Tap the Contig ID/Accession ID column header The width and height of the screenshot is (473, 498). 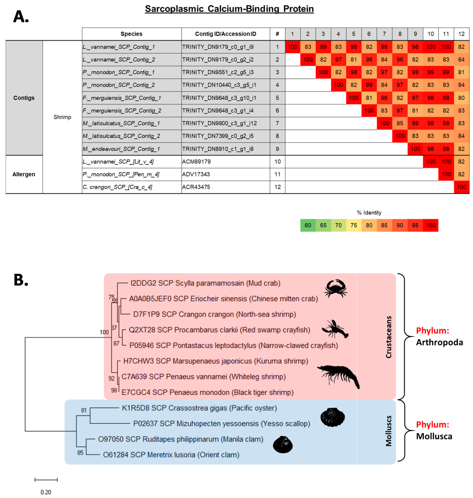click(x=225, y=34)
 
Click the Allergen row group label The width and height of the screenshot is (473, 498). click(x=24, y=174)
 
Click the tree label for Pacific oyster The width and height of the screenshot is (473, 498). click(x=199, y=408)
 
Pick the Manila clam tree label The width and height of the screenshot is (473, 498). click(x=181, y=439)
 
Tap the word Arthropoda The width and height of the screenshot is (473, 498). click(x=439, y=342)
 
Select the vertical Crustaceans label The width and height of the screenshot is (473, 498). click(x=389, y=337)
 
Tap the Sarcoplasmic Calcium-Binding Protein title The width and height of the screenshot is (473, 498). click(x=229, y=9)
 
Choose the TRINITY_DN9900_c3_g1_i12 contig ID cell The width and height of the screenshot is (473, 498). click(x=219, y=123)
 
